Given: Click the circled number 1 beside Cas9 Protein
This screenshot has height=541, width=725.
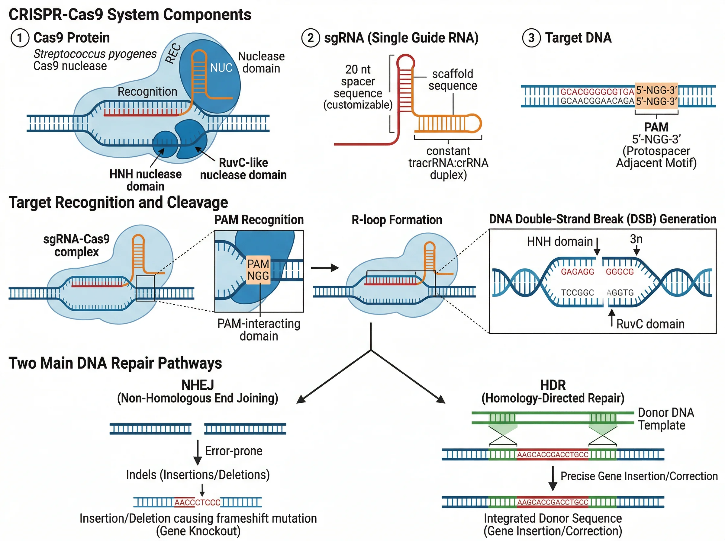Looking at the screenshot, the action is pyautogui.click(x=20, y=38).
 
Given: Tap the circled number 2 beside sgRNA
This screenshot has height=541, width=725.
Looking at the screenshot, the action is pyautogui.click(x=311, y=38).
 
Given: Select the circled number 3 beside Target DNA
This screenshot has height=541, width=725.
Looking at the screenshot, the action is pyautogui.click(x=531, y=38).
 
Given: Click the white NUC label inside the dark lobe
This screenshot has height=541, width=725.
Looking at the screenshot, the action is pyautogui.click(x=221, y=68).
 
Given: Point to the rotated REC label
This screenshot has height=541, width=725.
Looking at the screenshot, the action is pyautogui.click(x=173, y=53).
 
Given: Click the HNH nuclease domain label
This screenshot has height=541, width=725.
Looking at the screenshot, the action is pyautogui.click(x=146, y=180).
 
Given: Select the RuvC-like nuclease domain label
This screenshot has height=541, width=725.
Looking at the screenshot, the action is pyautogui.click(x=243, y=169).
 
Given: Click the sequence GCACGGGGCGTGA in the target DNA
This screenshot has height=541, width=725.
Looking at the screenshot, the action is pyautogui.click(x=597, y=91).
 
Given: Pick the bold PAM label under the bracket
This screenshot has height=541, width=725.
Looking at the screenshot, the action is pyautogui.click(x=656, y=127).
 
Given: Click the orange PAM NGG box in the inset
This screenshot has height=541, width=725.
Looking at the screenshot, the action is pyautogui.click(x=258, y=270).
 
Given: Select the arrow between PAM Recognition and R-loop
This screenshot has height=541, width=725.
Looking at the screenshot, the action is pyautogui.click(x=325, y=268).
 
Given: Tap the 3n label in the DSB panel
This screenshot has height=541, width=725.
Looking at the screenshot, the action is pyautogui.click(x=636, y=239).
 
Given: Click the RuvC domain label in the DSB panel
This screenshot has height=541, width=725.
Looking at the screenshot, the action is pyautogui.click(x=650, y=324).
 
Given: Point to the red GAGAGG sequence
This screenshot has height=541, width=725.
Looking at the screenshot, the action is pyautogui.click(x=577, y=272).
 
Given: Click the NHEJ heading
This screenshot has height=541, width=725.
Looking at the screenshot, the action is pyautogui.click(x=198, y=385).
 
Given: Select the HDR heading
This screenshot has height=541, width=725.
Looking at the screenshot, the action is pyautogui.click(x=553, y=385).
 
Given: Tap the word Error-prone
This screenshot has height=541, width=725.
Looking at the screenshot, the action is pyautogui.click(x=234, y=451).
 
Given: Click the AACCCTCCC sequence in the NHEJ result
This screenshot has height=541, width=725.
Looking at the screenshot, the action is pyautogui.click(x=197, y=502).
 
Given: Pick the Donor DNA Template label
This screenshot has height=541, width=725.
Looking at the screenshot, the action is pyautogui.click(x=666, y=419).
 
